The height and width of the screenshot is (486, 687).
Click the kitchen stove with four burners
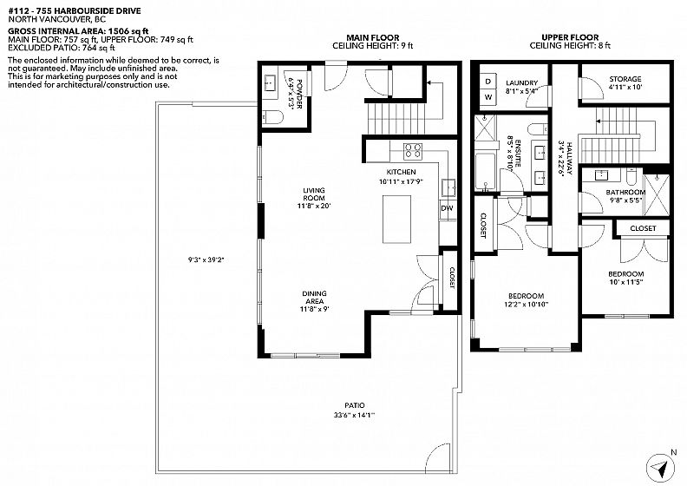[413, 150]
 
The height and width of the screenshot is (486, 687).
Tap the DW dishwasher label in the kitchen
[447, 208]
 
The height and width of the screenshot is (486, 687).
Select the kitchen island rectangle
[397, 219]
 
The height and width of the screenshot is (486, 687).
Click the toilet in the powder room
[272, 117]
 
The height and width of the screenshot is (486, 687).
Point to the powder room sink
[270, 82]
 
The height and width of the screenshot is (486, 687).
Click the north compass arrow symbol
[659, 468]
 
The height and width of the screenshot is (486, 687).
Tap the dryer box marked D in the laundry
[488, 82]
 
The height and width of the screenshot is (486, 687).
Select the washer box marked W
[488, 97]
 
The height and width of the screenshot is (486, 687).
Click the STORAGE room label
[625, 79]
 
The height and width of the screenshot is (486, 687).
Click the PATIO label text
[354, 405]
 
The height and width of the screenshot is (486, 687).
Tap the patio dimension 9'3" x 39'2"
[206, 259]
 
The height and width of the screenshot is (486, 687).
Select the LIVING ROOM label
[314, 194]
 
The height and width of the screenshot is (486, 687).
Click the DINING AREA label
[314, 297]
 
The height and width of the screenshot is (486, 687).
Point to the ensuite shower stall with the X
[486, 127]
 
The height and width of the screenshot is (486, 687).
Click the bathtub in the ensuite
[486, 172]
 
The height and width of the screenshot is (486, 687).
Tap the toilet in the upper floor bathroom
[631, 175]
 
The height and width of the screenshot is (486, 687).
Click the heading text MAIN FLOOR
[373, 37]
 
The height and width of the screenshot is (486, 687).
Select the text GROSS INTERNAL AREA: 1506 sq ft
[78, 31]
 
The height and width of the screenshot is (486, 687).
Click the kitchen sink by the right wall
[448, 187]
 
